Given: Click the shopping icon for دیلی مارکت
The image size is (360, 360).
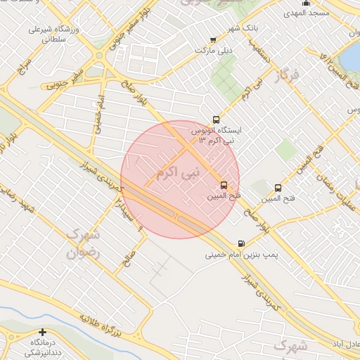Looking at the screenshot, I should [213, 40].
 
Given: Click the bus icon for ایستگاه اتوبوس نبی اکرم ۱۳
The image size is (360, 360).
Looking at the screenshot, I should [215, 120].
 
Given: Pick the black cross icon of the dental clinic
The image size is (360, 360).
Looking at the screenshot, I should [43, 332].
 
